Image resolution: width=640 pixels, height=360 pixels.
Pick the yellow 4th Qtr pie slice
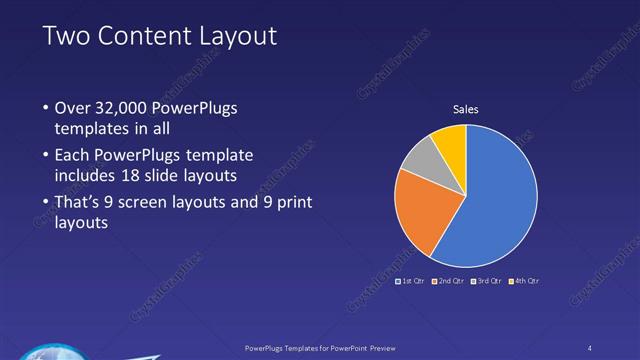pos(452,144)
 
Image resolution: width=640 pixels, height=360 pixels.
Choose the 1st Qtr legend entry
pos(411,281)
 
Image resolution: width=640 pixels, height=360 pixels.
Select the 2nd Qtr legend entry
pos(447,281)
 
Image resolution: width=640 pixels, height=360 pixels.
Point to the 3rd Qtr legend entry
pos(484,281)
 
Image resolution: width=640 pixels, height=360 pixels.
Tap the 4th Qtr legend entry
pos(523,281)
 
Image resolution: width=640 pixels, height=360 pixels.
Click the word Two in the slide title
pos(66,36)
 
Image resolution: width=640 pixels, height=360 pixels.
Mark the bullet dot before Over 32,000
pos(46,108)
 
